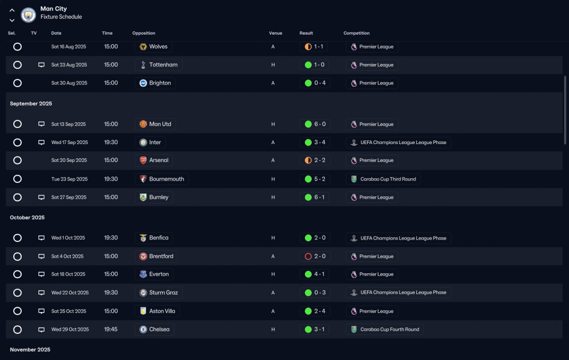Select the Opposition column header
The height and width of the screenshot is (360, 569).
[144, 33]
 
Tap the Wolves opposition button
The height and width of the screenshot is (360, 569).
[154, 47]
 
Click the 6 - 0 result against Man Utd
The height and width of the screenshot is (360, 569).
[315, 124]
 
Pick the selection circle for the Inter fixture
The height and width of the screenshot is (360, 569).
[17, 143]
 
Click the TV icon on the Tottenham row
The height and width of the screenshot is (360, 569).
[41, 65]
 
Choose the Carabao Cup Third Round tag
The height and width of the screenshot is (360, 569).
[383, 179]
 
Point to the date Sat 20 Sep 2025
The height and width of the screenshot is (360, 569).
[69, 160]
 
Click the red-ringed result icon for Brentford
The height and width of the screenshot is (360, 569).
[308, 256]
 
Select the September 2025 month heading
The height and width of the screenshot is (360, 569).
[31, 104]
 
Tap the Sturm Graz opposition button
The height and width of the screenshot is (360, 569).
[159, 293]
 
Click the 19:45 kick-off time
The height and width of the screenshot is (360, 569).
[111, 329]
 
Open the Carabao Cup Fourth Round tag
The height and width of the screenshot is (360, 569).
[385, 329]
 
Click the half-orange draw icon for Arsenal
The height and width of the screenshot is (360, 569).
[308, 160]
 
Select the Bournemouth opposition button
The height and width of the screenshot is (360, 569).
[162, 179]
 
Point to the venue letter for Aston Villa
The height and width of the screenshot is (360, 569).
[273, 311]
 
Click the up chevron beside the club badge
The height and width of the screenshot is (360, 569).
[12, 10]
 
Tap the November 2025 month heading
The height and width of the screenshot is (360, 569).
[30, 350]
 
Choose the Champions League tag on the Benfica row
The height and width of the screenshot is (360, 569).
[398, 238]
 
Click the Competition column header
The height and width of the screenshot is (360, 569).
[357, 33]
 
